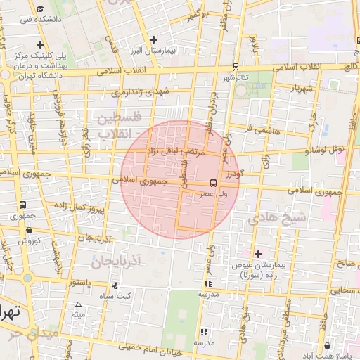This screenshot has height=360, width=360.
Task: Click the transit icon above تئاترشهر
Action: [x=235, y=67]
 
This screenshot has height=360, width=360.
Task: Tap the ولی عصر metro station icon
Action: [x=214, y=184]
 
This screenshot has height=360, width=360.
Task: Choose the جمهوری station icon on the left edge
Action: [x=24, y=205]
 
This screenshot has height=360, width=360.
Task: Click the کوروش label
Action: [x=27, y=240]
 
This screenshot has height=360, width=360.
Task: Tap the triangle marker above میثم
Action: [x=78, y=304]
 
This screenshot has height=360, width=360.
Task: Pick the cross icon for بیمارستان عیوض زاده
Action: [x=258, y=253]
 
